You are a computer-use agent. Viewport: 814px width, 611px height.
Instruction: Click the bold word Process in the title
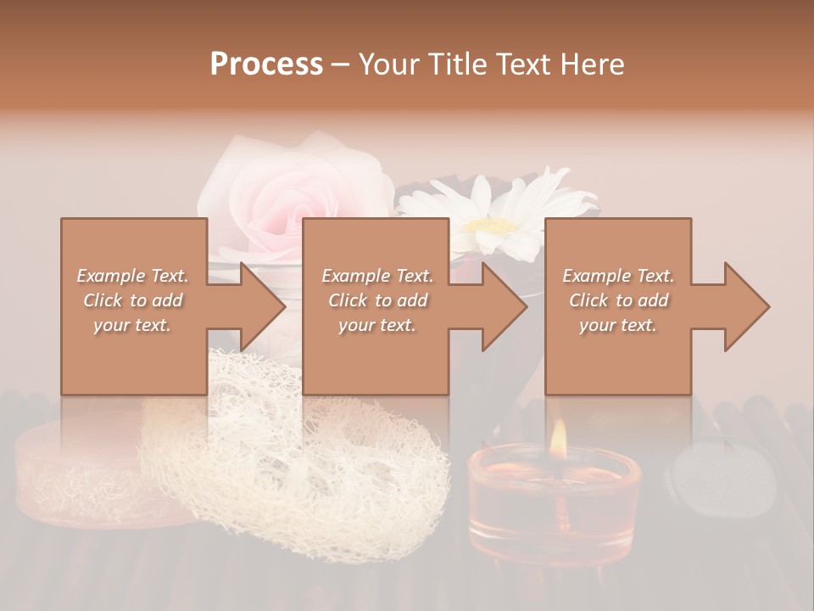266,64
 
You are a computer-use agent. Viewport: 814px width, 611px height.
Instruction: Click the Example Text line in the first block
133,276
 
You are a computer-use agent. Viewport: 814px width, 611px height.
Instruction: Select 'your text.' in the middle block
377,325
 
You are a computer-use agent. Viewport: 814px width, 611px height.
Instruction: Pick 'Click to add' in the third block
618,300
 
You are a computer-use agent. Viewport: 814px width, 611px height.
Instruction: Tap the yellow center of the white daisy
492,226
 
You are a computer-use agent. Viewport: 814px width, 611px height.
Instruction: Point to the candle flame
558,437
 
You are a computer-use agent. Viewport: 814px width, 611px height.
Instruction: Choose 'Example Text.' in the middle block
377,276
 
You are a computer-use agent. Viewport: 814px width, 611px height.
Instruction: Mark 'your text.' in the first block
133,325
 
